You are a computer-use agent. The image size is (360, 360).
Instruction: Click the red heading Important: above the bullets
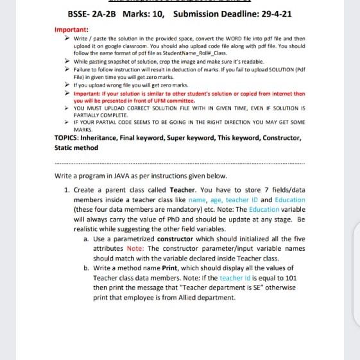(71, 30)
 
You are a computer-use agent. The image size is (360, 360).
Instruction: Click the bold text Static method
(76, 148)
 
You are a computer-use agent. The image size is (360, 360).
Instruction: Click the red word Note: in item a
(135, 248)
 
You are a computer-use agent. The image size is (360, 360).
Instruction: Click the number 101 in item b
(290, 278)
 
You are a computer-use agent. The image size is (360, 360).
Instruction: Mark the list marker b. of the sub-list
(87, 268)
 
